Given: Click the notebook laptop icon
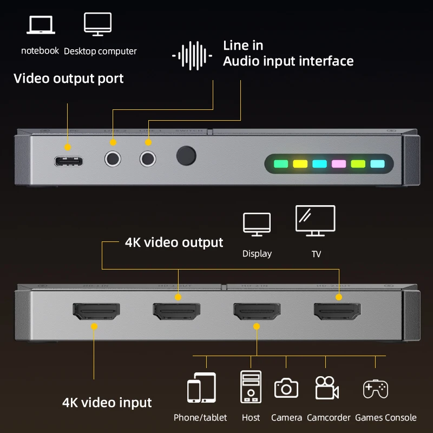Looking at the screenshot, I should pos(40,25).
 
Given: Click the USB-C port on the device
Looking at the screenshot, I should pos(68,161).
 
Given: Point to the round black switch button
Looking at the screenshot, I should pos(186,156).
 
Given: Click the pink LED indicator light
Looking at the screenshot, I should pos(339,164).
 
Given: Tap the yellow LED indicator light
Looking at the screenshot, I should pos(300,164).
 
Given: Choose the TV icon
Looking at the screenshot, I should pos(316,221).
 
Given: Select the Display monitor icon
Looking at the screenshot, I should pos(257,224).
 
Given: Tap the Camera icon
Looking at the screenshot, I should pos(286,388).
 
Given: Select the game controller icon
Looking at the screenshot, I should pos(375,389).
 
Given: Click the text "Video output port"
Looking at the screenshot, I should pos(69,78).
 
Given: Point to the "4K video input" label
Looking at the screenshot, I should pos(107,403).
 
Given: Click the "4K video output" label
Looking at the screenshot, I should pos(174,242).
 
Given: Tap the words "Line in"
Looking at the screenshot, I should pos(244,45).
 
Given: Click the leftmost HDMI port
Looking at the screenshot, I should pos(96,311).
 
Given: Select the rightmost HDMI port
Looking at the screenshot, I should pos(337,311).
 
